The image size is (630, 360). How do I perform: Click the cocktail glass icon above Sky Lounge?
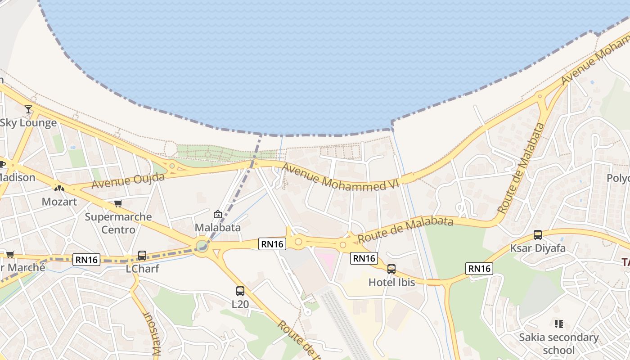[x=28, y=109]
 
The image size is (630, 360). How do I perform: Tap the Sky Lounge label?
[x=28, y=123]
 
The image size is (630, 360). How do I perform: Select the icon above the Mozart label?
[x=59, y=188]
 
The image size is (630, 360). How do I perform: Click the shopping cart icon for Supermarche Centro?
[x=118, y=204]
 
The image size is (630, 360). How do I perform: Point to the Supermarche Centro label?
[x=118, y=223]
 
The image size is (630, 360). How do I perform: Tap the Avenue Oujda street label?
[x=128, y=181]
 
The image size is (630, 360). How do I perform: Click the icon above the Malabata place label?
[x=218, y=215]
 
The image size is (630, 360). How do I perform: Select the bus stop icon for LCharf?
[x=142, y=256]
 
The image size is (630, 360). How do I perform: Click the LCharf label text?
[x=142, y=269]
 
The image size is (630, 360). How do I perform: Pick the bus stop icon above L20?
[x=240, y=291]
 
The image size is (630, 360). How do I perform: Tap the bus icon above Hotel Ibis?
[x=391, y=269]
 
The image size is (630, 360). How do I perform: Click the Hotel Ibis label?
[x=391, y=283]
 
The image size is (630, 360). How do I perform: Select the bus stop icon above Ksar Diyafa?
[x=538, y=234]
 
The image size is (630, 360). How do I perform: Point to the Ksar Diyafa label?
[x=538, y=248]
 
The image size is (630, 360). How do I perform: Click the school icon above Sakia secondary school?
[x=559, y=324]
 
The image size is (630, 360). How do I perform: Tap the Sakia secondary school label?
[x=559, y=343]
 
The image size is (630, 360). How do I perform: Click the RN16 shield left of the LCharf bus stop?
[x=86, y=259]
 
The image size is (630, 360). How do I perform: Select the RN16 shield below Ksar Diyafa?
[x=479, y=269]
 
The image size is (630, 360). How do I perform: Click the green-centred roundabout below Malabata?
[x=202, y=246]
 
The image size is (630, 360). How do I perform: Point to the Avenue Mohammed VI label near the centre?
[x=334, y=176]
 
